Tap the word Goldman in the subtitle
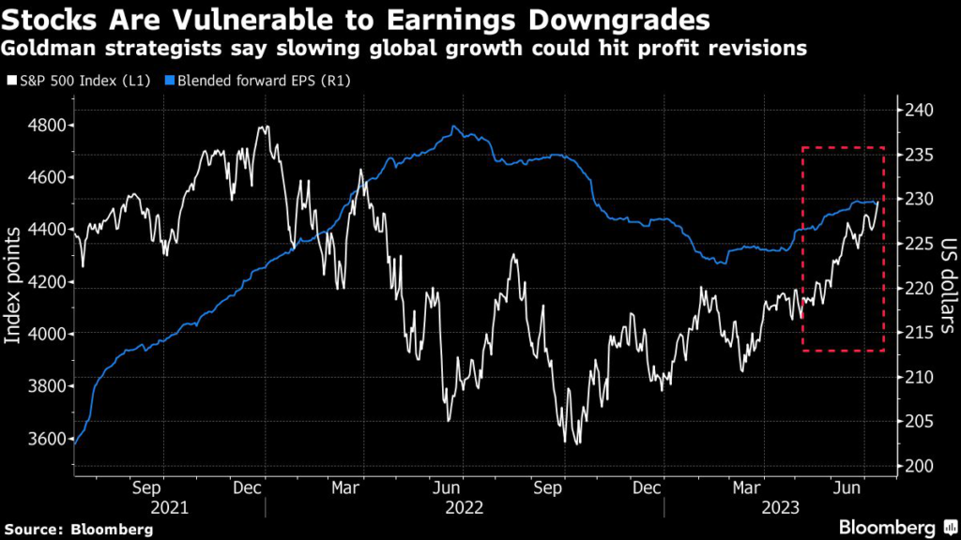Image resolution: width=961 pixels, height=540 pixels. (53, 48)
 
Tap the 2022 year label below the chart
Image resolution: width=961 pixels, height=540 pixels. (465, 507)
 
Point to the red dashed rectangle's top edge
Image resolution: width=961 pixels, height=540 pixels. (843, 147)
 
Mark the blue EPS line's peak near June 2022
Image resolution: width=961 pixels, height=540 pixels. (454, 127)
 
